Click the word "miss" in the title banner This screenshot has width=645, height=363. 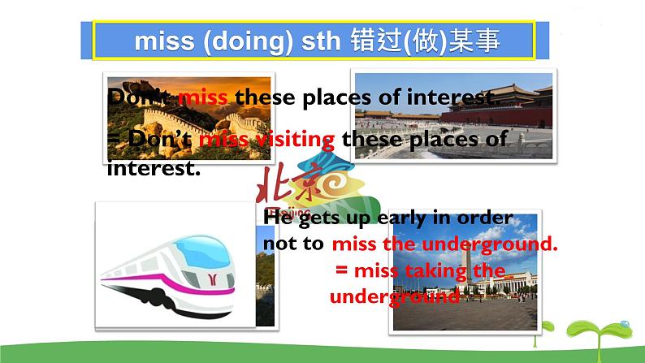(162, 41)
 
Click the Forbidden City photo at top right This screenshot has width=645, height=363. (455, 114)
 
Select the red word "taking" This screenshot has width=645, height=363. (432, 270)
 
